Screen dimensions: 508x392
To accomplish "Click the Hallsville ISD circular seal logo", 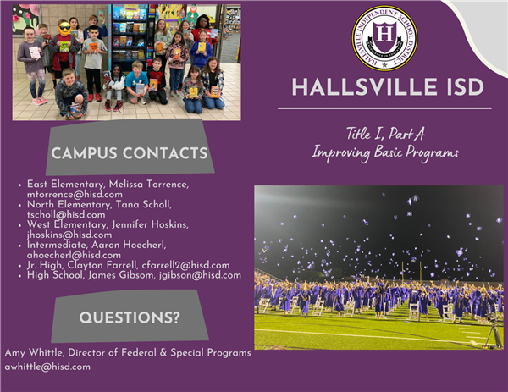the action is click(384, 38).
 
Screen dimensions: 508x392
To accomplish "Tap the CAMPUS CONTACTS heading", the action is click(130, 153).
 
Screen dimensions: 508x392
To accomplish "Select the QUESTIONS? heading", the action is click(130, 317).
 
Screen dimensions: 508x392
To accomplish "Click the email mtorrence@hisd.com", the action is click(75, 195).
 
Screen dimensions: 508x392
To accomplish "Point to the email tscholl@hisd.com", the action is click(66, 214).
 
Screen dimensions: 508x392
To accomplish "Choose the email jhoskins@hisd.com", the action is click(69, 235).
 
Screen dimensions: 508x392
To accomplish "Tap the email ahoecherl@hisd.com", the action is click(74, 255).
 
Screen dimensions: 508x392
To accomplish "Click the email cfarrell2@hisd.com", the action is click(185, 265).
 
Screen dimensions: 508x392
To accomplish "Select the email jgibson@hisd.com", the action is click(200, 275).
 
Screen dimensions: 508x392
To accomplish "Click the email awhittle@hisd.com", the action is click(47, 367).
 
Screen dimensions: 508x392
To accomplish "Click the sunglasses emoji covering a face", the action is click(65, 28).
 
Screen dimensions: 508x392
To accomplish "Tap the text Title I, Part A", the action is click(385, 134).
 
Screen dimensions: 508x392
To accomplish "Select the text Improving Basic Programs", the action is click(385, 152).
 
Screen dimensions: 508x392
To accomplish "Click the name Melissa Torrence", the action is click(148, 184).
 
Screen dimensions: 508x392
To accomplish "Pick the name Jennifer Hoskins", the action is click(150, 224).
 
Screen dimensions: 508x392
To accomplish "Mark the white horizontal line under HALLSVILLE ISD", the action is click(384, 108).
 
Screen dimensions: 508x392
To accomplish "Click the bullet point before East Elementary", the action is click(19, 185).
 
